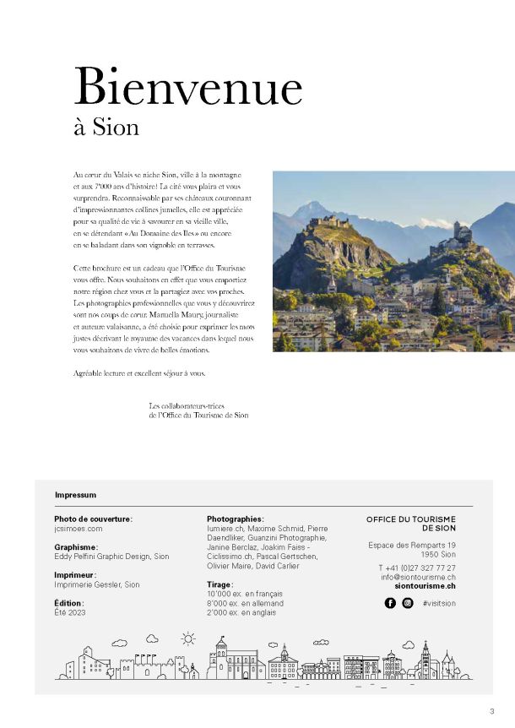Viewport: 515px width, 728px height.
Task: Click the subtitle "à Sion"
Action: click(x=106, y=128)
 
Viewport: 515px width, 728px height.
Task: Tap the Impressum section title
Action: click(x=75, y=495)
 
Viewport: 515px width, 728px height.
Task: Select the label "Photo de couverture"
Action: click(x=93, y=519)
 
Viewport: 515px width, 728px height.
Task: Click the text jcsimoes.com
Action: click(x=78, y=528)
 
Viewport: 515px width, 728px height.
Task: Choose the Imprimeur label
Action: click(x=74, y=575)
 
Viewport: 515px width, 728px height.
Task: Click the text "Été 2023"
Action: click(x=69, y=612)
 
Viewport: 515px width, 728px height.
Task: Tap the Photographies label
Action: click(x=235, y=519)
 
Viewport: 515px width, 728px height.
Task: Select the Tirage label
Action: click(x=220, y=584)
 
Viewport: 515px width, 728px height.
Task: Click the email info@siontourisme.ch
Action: click(x=418, y=577)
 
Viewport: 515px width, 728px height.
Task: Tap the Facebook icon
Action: click(x=390, y=603)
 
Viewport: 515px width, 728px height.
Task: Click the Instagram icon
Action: click(x=408, y=603)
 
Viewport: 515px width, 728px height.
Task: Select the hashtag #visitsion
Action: click(x=439, y=604)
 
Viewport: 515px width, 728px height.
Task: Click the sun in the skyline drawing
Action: click(x=187, y=638)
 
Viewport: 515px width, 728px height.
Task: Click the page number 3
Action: click(x=491, y=710)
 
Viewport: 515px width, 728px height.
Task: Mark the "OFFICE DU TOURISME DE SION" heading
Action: click(x=411, y=524)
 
